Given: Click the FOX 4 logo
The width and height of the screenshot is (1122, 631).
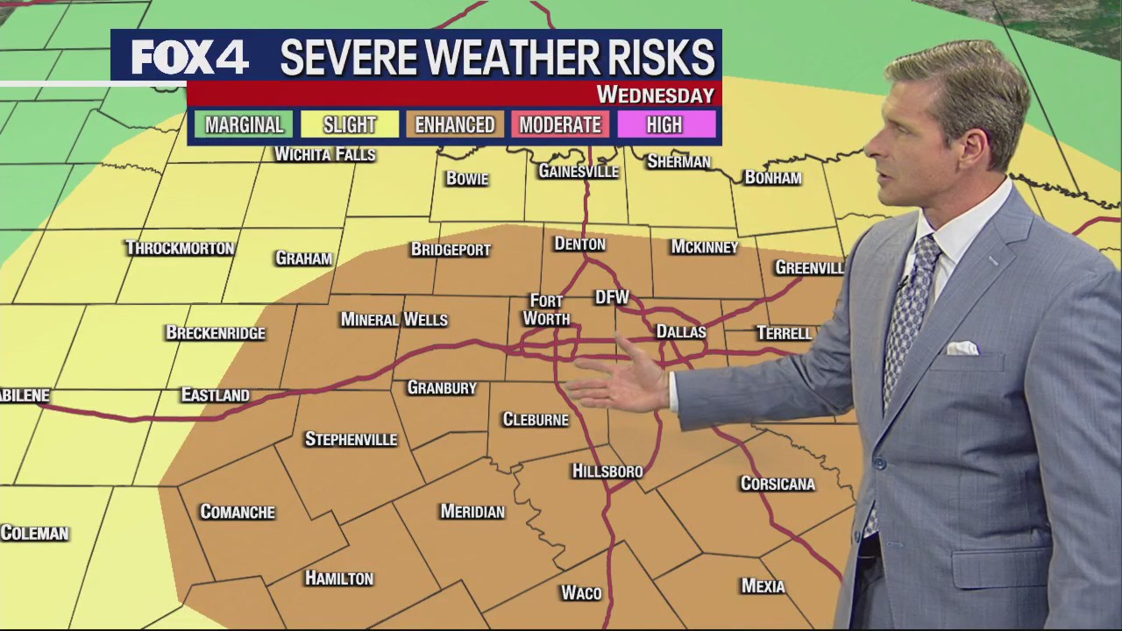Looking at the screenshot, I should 189,58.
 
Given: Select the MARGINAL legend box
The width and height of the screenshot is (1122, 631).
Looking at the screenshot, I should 245,125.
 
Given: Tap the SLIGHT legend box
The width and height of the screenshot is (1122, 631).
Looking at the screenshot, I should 350,125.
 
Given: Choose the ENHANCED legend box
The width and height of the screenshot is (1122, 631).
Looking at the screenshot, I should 455,125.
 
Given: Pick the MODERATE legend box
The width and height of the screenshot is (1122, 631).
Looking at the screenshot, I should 560,125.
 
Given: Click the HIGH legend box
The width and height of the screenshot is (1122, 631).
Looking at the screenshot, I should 664,125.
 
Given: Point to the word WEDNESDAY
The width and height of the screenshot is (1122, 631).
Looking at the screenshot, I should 655,95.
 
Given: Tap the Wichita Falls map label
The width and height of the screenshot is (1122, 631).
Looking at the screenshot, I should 325,155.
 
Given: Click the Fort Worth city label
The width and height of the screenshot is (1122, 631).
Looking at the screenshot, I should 546,310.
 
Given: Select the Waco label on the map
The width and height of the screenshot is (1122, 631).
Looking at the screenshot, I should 581,593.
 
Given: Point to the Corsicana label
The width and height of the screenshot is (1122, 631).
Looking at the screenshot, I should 778,484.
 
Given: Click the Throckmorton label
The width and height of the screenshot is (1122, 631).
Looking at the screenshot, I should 180,248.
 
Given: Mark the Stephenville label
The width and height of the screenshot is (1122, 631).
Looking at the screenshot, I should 351,439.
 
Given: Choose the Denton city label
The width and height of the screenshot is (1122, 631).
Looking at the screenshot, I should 579,245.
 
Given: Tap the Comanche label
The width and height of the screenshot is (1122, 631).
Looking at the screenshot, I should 238,512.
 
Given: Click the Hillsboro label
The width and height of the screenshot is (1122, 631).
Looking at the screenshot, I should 607,471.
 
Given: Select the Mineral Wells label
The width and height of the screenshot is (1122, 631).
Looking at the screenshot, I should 394,320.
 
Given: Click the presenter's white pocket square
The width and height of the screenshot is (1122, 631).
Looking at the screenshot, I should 962,349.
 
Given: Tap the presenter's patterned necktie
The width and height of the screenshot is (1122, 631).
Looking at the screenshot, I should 909,307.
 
